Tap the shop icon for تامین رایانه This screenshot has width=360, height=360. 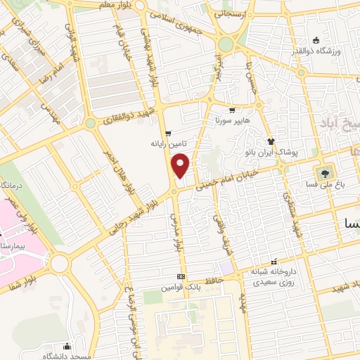click(167, 134)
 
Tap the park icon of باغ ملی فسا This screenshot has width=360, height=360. click(324, 173)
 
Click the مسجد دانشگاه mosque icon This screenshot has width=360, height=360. click(67, 346)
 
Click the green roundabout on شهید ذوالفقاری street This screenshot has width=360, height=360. click(90, 123)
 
